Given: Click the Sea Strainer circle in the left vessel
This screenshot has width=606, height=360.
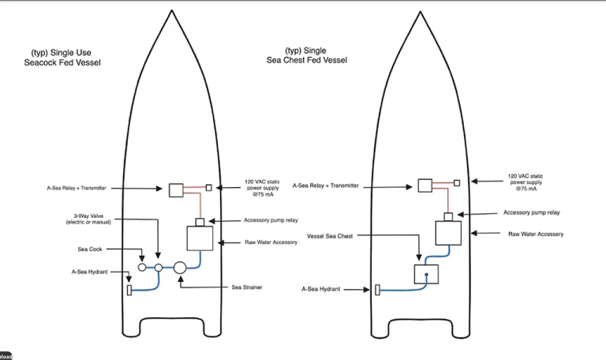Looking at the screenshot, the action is pyautogui.click(x=180, y=267).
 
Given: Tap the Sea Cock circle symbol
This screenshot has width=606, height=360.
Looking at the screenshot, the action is pyautogui.click(x=142, y=267).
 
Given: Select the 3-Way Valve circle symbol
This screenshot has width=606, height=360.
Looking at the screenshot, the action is pyautogui.click(x=159, y=267).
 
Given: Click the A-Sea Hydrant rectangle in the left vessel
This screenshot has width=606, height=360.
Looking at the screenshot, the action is pyautogui.click(x=129, y=290).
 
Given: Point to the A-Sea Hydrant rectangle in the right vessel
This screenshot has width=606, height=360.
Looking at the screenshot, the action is pyautogui.click(x=378, y=290).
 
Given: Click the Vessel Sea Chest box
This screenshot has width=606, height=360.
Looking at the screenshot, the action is pyautogui.click(x=426, y=274).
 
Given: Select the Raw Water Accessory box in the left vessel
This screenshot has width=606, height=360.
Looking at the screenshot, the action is pyautogui.click(x=200, y=238).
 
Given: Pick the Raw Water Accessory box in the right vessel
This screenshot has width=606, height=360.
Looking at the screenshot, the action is pyautogui.click(x=448, y=233).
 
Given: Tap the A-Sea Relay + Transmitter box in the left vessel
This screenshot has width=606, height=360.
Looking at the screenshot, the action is pyautogui.click(x=176, y=190).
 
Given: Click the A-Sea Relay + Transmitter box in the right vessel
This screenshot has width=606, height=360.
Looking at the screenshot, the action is pyautogui.click(x=425, y=186).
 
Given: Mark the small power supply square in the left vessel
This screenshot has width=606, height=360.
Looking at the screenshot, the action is pyautogui.click(x=208, y=188).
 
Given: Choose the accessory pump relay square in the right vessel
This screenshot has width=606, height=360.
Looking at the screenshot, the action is pyautogui.click(x=448, y=216).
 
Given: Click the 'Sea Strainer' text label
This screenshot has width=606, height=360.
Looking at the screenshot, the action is pyautogui.click(x=247, y=287).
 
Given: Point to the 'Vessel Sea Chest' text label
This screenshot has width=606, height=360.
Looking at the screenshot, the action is pyautogui.click(x=330, y=236).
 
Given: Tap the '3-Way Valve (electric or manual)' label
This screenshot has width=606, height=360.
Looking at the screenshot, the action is pyautogui.click(x=88, y=219).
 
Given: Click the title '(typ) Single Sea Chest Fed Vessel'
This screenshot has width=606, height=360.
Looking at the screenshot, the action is pyautogui.click(x=307, y=55).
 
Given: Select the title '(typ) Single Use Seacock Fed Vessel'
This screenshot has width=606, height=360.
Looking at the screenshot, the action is pyautogui.click(x=62, y=58).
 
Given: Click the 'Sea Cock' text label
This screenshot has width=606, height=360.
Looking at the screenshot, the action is pyautogui.click(x=90, y=249).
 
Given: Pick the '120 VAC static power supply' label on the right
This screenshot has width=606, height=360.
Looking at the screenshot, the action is pyautogui.click(x=526, y=182).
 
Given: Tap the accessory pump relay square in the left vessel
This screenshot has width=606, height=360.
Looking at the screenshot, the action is pyautogui.click(x=200, y=223).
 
